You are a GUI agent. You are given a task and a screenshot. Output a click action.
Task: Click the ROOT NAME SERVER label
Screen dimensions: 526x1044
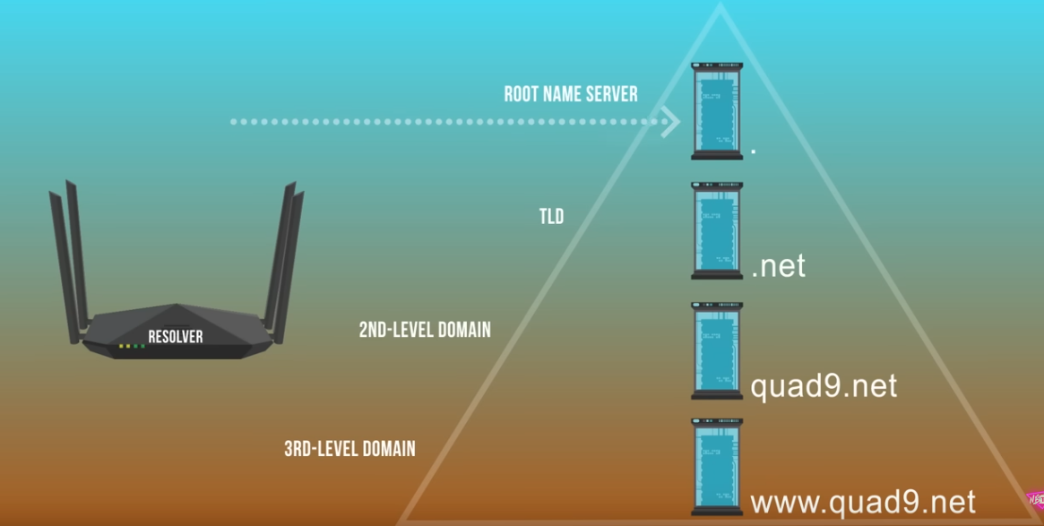[571, 94]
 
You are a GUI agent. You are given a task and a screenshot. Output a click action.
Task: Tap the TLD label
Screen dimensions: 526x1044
[551, 216]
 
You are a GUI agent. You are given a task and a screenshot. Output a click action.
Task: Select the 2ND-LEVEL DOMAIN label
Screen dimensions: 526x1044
[425, 330]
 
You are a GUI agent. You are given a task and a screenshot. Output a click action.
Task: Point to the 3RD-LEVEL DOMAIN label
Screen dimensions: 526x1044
[349, 448]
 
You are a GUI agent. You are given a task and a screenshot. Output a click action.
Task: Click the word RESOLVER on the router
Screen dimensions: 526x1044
[176, 337]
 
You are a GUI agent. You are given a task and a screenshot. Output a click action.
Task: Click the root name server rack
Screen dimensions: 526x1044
[717, 111]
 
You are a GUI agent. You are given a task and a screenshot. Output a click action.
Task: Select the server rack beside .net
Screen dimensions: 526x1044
[717, 230]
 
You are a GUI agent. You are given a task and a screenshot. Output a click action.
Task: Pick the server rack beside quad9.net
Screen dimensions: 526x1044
[717, 350]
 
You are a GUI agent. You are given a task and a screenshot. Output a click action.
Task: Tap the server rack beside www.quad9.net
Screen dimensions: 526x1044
[717, 466]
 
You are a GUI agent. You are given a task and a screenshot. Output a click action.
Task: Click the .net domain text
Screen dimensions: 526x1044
[778, 266]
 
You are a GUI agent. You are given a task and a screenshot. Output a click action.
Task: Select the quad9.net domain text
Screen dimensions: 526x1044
[823, 386]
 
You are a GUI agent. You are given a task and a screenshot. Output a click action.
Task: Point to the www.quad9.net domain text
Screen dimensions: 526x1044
[862, 502]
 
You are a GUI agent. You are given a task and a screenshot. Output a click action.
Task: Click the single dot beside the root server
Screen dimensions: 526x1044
[754, 151]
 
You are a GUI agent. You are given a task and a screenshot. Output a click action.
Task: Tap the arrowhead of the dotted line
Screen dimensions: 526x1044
[669, 121]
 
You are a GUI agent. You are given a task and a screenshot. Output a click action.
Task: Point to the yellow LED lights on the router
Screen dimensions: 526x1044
[125, 346]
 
